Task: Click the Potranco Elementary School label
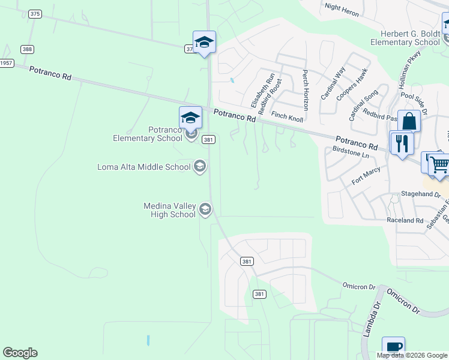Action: click(x=148, y=134)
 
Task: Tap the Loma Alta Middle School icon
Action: click(x=200, y=167)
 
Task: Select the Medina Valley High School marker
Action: click(x=205, y=209)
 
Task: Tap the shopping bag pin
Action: click(x=409, y=121)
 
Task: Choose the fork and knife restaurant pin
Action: click(x=400, y=143)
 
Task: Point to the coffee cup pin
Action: click(x=393, y=347)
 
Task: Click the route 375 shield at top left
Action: click(x=35, y=14)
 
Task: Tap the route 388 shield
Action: click(x=26, y=49)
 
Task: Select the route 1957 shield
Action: click(x=6, y=63)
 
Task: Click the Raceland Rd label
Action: click(x=405, y=221)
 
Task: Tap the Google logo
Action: click(x=20, y=353)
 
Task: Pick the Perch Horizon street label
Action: click(x=305, y=89)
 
